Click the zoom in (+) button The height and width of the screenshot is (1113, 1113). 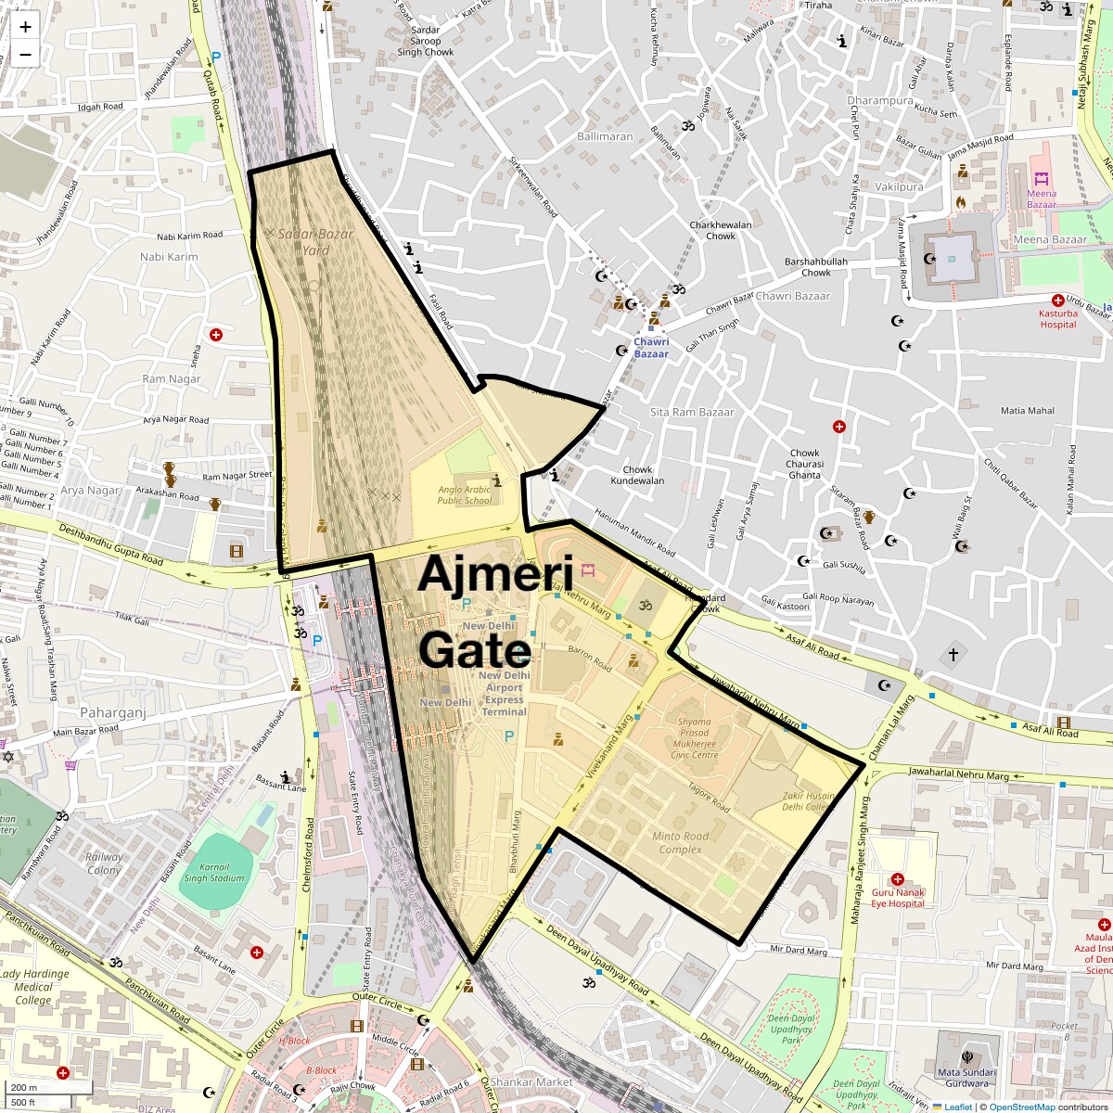tap(25, 26)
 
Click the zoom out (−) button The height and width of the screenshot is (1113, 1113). tap(25, 54)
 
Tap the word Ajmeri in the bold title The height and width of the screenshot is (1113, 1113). tap(494, 574)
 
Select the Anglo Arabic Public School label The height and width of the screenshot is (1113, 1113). tap(465, 494)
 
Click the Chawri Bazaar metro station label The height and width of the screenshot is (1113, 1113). tap(651, 348)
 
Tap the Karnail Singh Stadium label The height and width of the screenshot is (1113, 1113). tap(214, 872)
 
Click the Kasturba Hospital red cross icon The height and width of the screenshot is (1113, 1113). tap(1057, 301)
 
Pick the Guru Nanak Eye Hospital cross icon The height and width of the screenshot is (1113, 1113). tap(897, 878)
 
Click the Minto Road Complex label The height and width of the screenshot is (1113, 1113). tap(680, 842)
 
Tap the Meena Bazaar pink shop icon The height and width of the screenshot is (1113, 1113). tap(1041, 178)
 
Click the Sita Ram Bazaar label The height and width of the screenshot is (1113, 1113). tap(692, 412)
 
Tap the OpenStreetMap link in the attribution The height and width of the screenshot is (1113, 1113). tap(1021, 1107)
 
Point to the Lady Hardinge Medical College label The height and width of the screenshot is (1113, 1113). tap(34, 987)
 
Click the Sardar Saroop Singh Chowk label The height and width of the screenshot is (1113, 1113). tap(426, 41)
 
